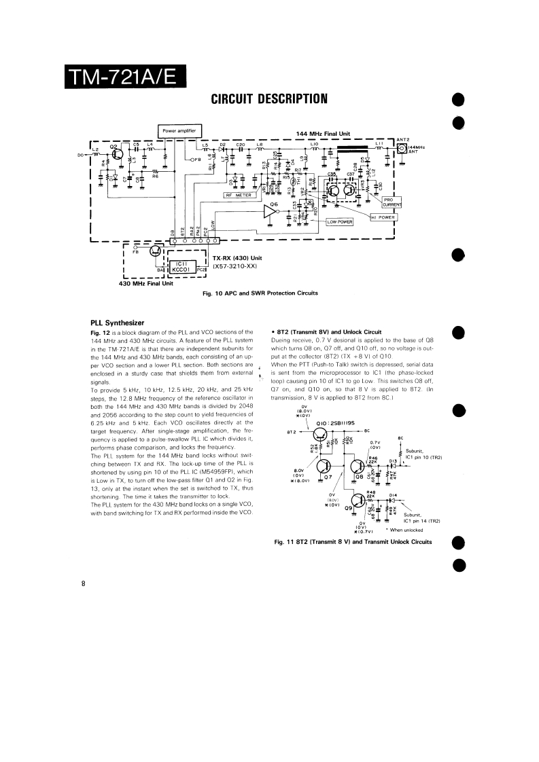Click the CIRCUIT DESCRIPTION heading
click(x=270, y=99)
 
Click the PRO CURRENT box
click(x=392, y=202)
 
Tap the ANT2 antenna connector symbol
click(x=402, y=149)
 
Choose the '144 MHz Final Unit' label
click(x=323, y=134)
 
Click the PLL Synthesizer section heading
click(x=121, y=322)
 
